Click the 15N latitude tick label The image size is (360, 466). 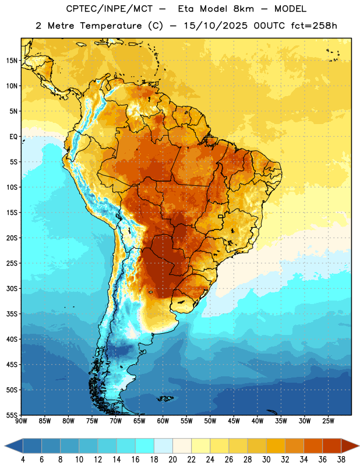pos(12,61)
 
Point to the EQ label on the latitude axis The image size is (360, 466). pos(13,137)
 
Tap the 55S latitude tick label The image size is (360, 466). pos(12,415)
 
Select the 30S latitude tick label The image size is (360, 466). pos(12,288)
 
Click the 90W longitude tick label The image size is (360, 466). pos(21,421)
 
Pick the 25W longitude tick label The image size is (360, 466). pos(328,421)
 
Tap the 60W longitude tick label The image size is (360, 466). pos(163,421)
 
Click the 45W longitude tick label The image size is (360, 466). pos(234,421)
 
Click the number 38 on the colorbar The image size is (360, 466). pos(341,460)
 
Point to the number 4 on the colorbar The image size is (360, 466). pos(23,460)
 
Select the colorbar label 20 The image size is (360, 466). pos(172,460)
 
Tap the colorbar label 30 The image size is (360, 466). pos(266,460)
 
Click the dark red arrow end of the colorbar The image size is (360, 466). pos(349,446)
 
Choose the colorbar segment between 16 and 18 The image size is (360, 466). pos(144,446)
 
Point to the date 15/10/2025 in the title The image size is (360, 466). pos(216,26)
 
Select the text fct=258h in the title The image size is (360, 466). pos(314,26)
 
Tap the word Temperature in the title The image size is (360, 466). pos(111,26)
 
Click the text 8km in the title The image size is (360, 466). pos(244,9)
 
